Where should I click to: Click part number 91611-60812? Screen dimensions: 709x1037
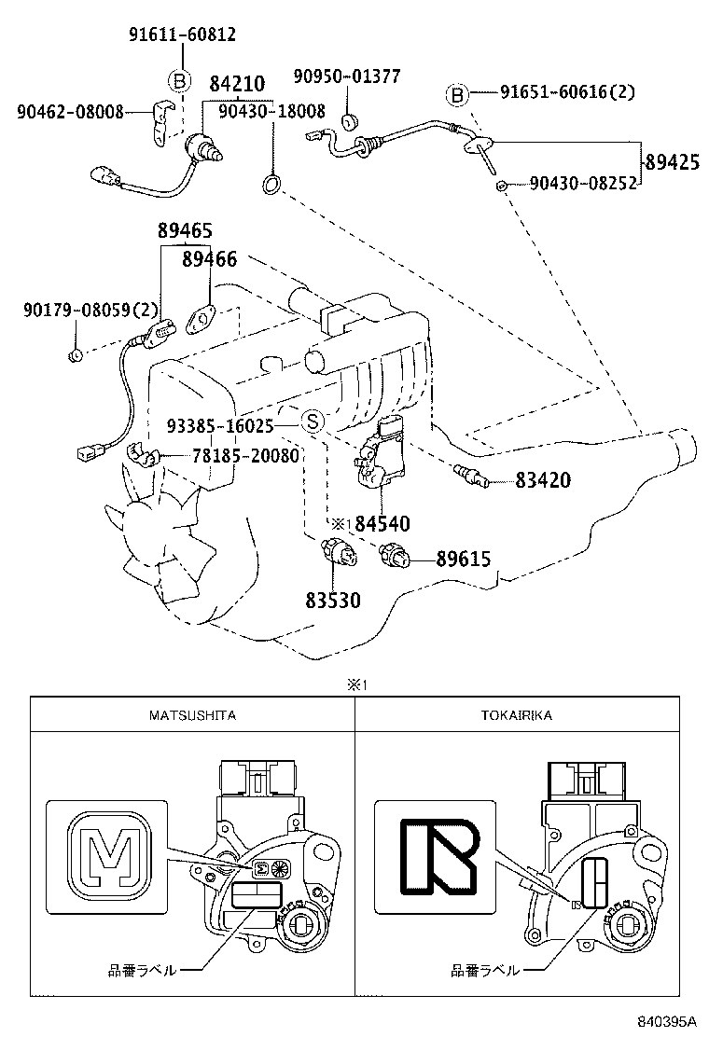pos(182,35)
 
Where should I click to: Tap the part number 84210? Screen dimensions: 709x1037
pos(237,84)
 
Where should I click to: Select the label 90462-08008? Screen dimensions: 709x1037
pos(70,113)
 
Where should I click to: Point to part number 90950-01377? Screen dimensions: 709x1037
pos(346,76)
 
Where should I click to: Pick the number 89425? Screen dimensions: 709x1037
pos(672,162)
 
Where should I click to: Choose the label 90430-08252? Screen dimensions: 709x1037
pos(583,183)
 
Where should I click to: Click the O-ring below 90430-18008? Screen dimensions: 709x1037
pos(271,183)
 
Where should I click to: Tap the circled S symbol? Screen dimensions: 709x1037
pos(313,421)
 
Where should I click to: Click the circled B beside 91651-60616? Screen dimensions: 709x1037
pos(457,95)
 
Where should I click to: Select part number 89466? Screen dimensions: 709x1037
pos(209,259)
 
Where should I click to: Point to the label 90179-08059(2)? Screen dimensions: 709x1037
pos(91,310)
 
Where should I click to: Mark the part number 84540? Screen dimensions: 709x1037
pos(382,524)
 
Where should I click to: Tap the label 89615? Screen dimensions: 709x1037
pos(463,560)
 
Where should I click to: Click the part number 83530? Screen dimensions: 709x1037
pos(333,601)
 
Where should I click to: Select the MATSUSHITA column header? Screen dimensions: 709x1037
pos(192,715)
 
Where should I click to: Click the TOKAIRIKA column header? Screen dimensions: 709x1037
pos(517,715)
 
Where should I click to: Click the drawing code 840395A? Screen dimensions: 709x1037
pos(667,1020)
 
